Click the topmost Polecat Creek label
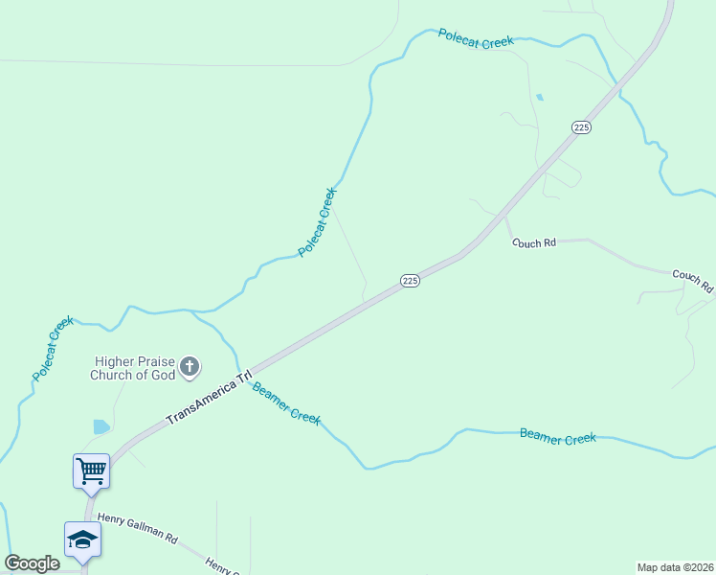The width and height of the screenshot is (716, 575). point(476,37)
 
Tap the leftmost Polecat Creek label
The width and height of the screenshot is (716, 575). point(53,350)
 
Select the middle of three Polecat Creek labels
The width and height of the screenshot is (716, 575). point(318,221)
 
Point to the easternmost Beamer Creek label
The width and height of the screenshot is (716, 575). point(557,436)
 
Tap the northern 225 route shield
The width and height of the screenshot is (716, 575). point(581,126)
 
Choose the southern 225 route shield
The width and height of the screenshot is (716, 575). point(410,280)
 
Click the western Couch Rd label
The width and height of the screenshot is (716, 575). point(533,243)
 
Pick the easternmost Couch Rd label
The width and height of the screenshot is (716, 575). point(692,280)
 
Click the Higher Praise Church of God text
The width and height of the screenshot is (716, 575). point(133,368)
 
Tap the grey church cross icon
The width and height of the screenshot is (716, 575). point(190,366)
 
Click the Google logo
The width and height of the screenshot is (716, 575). point(32,563)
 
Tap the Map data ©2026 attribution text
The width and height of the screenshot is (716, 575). point(675,566)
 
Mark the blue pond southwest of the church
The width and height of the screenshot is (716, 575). point(101,426)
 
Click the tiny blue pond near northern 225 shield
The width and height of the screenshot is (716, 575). point(540,97)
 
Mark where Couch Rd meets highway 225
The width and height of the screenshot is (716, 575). point(504,218)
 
